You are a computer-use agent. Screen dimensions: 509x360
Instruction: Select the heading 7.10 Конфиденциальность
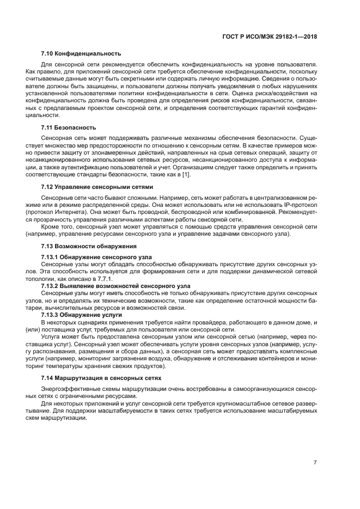pos(81,53)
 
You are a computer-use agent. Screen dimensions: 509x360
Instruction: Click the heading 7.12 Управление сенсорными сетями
pos(97,186)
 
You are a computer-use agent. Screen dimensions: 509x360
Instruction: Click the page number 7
pos(315,462)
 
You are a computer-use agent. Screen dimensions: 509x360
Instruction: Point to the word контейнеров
pos(268,357)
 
